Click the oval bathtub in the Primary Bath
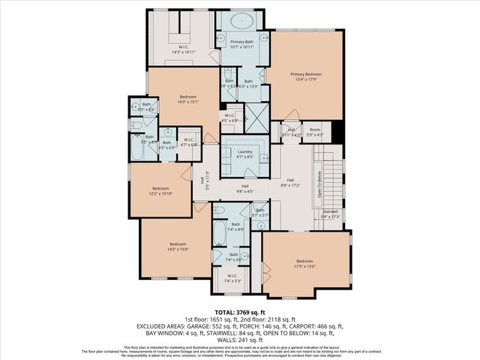click(x=241, y=20)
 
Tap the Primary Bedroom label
click(x=307, y=76)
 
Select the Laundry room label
click(x=244, y=154)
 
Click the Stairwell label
click(x=330, y=214)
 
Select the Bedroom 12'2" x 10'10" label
click(x=161, y=190)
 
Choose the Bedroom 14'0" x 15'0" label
click(x=177, y=247)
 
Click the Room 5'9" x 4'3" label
click(x=315, y=131)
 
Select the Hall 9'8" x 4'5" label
click(x=244, y=188)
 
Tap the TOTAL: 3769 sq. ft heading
click(x=239, y=312)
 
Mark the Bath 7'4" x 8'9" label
click(x=235, y=226)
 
